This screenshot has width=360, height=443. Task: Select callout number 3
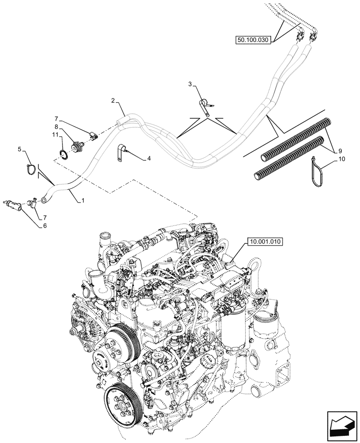pos(190,84)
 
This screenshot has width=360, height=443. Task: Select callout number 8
pos(57,126)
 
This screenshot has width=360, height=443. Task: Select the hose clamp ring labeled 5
pos(31,168)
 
